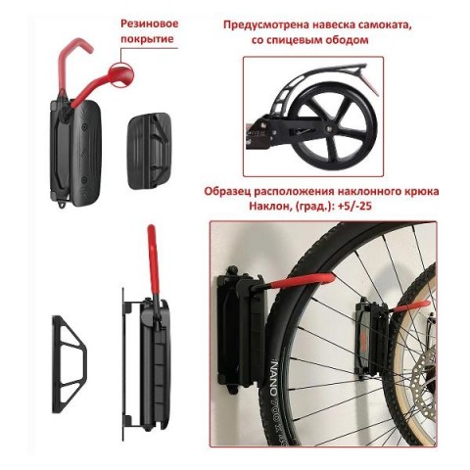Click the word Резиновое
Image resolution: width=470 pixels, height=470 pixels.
[150, 24]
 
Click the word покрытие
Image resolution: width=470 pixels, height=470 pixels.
[147, 39]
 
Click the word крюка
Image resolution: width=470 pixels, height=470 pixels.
[423, 191]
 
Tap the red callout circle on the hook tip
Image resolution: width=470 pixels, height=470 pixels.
[120, 74]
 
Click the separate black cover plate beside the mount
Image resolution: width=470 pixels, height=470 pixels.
[149, 151]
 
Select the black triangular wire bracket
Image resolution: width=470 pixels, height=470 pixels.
[70, 364]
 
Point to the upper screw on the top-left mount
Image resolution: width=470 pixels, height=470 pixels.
[84, 125]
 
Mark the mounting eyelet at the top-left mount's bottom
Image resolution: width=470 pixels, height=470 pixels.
[62, 204]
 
